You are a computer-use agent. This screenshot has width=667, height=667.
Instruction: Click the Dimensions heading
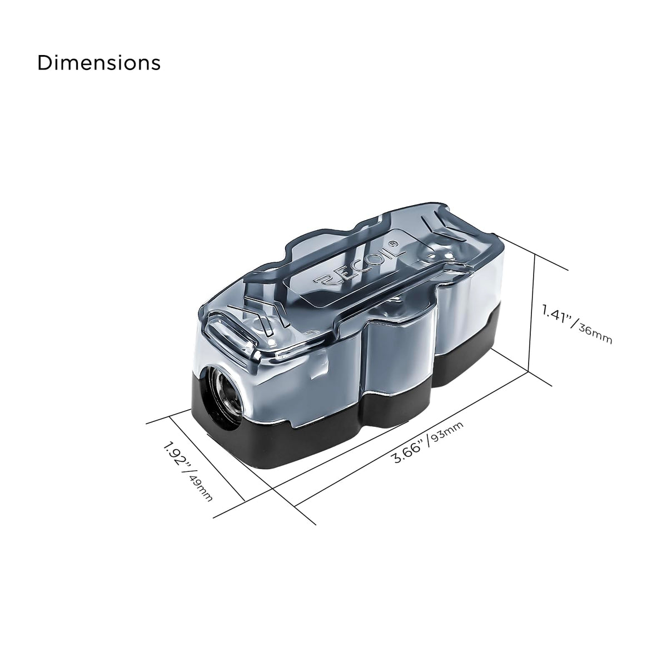click(x=99, y=63)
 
